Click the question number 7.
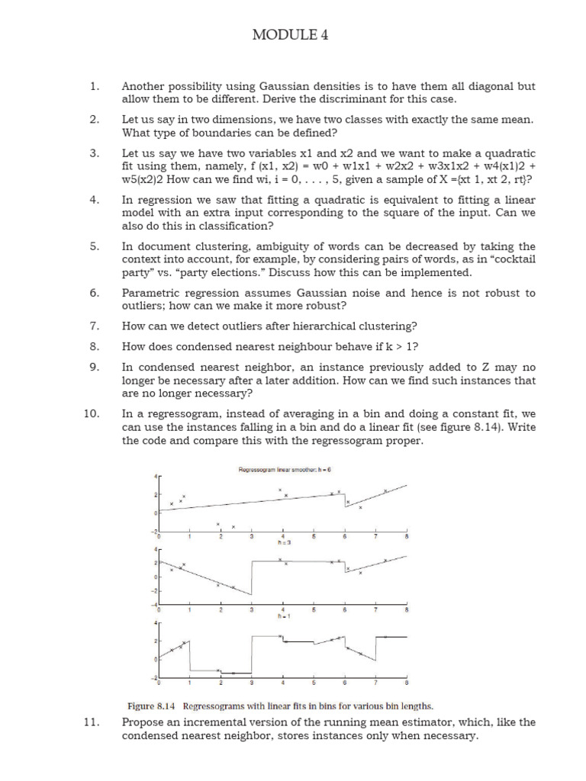point(95,326)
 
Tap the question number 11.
point(92,722)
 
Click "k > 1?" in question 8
point(398,346)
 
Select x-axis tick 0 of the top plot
point(159,537)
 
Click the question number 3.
point(95,153)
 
